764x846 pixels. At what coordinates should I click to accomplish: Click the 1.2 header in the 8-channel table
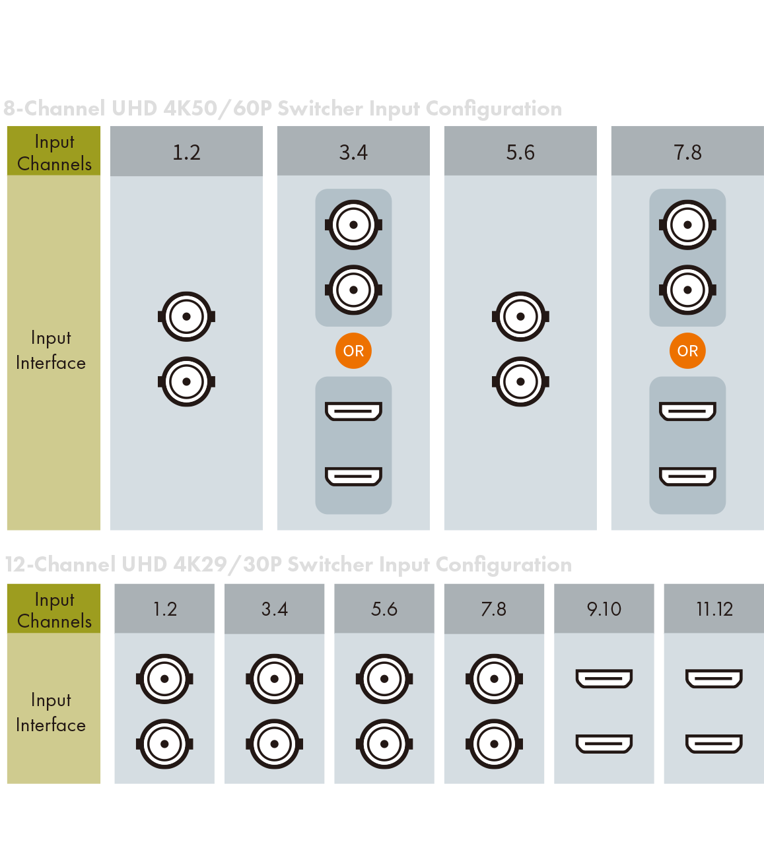point(186,152)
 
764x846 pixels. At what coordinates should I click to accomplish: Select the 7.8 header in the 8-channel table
point(687,152)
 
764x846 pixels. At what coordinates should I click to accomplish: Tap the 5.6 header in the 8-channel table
point(520,152)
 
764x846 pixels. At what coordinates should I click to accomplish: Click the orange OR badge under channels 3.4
point(353,350)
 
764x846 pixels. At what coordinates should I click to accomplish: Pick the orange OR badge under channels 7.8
point(687,350)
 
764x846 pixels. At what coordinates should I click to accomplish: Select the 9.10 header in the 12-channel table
point(604,608)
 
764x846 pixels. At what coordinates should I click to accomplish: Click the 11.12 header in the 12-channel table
point(714,608)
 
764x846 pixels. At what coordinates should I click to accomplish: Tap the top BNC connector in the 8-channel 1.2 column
point(186,317)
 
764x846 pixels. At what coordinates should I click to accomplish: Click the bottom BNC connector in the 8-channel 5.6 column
point(520,381)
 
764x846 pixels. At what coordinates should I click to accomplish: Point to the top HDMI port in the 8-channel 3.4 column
point(353,411)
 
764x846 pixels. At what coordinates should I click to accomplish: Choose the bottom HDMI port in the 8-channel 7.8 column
point(687,476)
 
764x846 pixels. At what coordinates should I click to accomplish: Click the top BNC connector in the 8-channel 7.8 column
point(687,225)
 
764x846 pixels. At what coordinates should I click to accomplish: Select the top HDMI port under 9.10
point(604,678)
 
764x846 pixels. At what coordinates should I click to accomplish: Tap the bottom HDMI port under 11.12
point(714,744)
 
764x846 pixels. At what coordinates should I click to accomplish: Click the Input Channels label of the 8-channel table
point(54,152)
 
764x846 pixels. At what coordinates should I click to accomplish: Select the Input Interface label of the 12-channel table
point(51,712)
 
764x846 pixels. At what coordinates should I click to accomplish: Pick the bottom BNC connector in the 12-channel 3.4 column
point(274,744)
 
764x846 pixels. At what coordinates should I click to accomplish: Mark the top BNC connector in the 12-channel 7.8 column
point(494,678)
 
